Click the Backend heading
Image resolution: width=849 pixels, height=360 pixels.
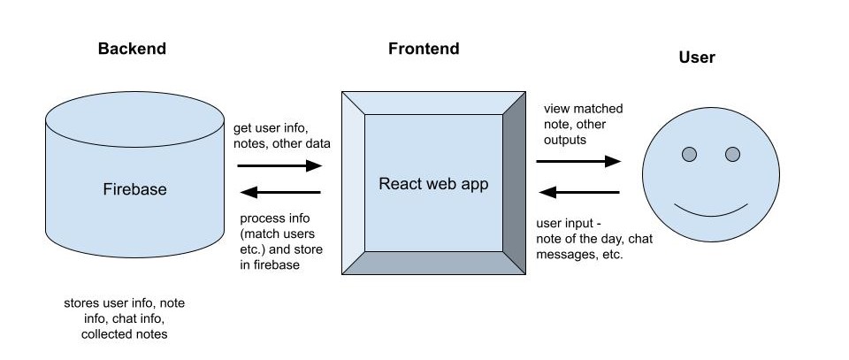[x=131, y=49]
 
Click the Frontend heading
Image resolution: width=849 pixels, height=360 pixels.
[x=424, y=49]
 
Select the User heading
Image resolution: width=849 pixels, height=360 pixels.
[x=696, y=57]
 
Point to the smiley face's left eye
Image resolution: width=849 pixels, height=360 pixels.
[x=689, y=155]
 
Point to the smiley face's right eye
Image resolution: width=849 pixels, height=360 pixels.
[x=732, y=155]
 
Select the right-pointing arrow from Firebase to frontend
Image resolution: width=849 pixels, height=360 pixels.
[x=279, y=165]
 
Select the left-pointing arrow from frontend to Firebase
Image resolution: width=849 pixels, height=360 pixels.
[x=279, y=192]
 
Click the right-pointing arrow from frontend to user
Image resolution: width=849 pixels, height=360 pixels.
[x=578, y=162]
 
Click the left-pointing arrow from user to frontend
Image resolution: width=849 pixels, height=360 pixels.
[x=578, y=192]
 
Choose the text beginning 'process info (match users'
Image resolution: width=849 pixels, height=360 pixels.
[x=281, y=241]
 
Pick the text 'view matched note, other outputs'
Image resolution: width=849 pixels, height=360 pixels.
[x=583, y=124]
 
